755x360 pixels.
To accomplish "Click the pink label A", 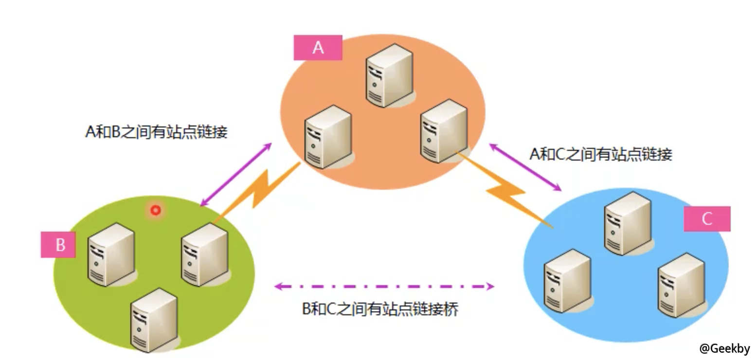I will (318, 48).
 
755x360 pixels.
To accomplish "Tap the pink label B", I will (59, 244).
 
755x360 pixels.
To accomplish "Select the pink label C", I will (706, 218).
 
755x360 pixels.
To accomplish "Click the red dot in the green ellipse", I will (156, 210).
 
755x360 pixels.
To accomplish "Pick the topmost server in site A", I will (390, 75).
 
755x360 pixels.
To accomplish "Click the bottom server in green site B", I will (153, 319).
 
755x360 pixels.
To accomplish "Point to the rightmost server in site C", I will (681, 285).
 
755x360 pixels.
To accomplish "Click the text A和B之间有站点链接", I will (156, 132).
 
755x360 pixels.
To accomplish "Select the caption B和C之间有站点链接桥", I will (380, 309).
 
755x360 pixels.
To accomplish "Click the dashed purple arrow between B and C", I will (384, 287).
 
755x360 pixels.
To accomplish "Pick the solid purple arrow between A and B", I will (236, 174).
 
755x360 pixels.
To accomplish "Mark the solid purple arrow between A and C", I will (525, 167).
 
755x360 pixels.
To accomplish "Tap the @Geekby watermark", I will (724, 348).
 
